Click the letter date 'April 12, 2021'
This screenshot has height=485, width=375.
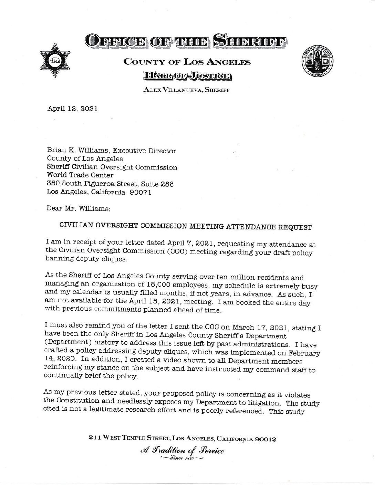72,109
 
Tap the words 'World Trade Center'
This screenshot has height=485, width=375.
80,175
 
